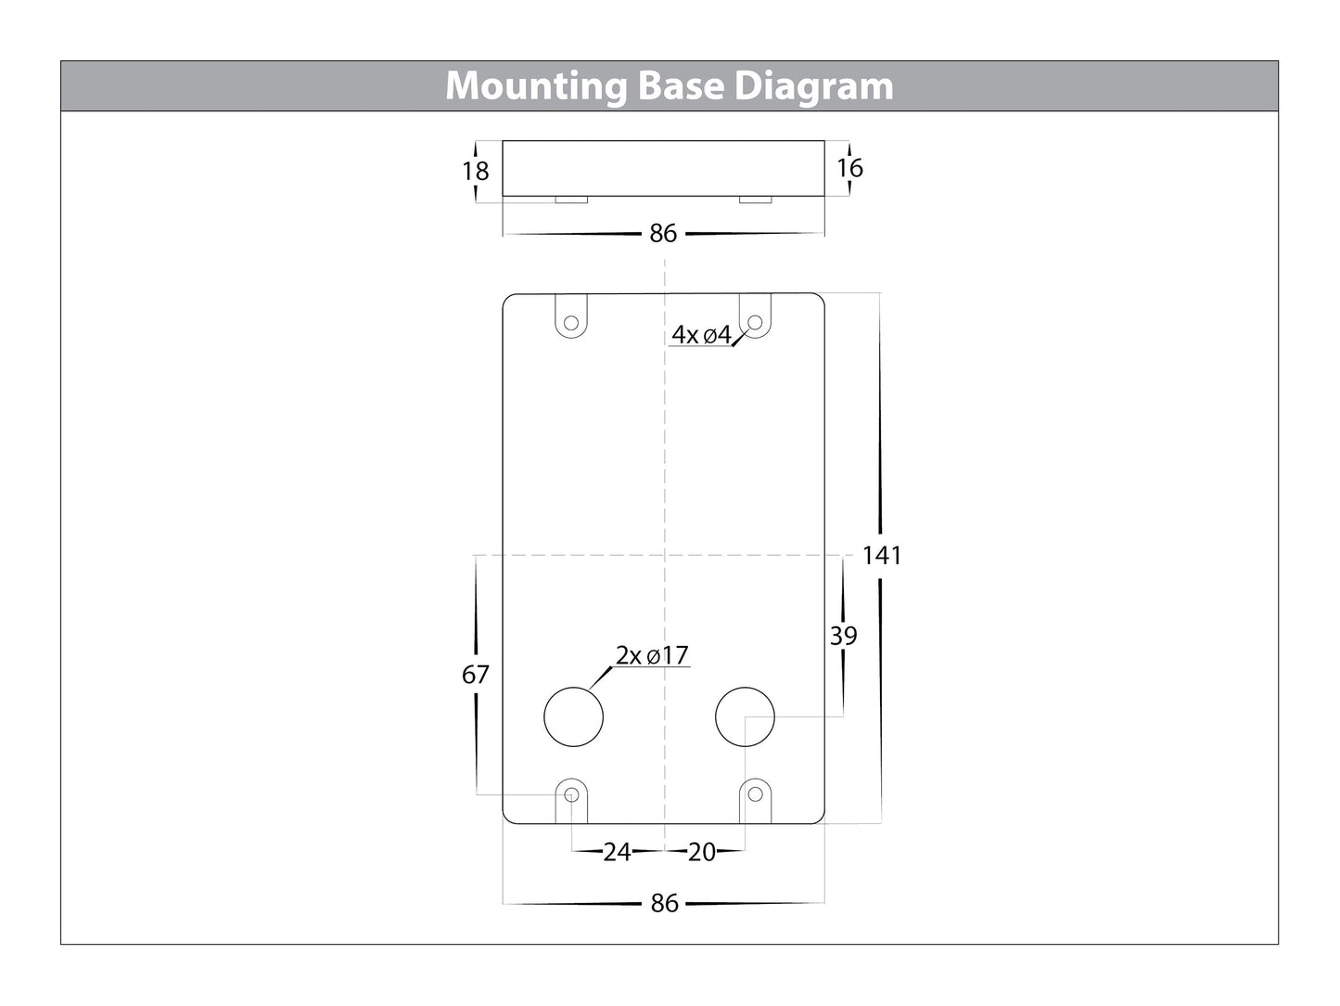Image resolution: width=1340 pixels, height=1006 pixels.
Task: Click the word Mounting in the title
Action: tap(537, 86)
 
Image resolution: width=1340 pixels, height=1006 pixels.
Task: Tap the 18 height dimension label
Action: tap(476, 172)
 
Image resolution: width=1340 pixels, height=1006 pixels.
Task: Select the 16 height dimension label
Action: tap(849, 168)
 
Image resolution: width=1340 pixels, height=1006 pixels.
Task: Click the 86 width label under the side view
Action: tap(663, 234)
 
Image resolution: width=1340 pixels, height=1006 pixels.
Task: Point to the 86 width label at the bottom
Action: tap(664, 903)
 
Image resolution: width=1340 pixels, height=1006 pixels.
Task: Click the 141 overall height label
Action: tap(882, 556)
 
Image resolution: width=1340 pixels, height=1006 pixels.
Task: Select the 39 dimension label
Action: tap(843, 637)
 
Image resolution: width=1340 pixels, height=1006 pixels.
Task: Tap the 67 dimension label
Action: tap(476, 675)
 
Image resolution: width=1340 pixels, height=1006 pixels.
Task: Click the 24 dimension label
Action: tap(617, 852)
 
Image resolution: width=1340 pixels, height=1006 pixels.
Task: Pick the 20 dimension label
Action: tap(702, 852)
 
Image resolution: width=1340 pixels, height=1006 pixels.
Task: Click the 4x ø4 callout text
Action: tap(702, 335)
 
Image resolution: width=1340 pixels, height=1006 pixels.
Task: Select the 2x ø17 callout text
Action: tap(652, 656)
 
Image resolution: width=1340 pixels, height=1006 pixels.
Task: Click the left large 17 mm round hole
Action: tap(573, 716)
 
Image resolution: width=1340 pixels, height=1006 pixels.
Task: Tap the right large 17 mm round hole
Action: tap(745, 716)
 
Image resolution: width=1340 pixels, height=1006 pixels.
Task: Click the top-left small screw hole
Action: tap(571, 324)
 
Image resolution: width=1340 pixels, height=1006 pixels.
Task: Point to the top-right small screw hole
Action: tap(755, 323)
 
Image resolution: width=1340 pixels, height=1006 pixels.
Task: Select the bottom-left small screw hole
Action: tap(572, 794)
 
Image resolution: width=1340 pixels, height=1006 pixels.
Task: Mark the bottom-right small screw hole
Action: tap(755, 794)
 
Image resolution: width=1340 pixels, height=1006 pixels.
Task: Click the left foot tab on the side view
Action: tap(571, 200)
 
